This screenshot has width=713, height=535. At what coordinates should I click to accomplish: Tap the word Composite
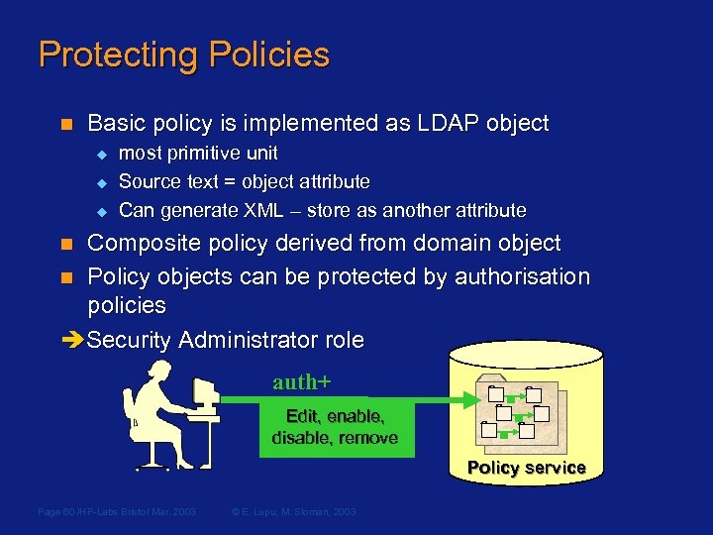click(150, 244)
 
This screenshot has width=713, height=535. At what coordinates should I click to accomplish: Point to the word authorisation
click(521, 277)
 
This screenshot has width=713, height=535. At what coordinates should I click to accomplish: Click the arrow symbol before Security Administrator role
click(73, 341)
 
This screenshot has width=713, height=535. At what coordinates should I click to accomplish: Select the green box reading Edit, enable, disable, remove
click(335, 427)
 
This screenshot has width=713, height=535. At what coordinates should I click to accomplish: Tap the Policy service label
click(526, 468)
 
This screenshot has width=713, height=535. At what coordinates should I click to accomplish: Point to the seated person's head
click(158, 374)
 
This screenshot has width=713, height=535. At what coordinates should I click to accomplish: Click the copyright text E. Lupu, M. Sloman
click(292, 511)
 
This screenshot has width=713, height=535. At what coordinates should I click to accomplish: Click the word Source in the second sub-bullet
click(146, 182)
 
